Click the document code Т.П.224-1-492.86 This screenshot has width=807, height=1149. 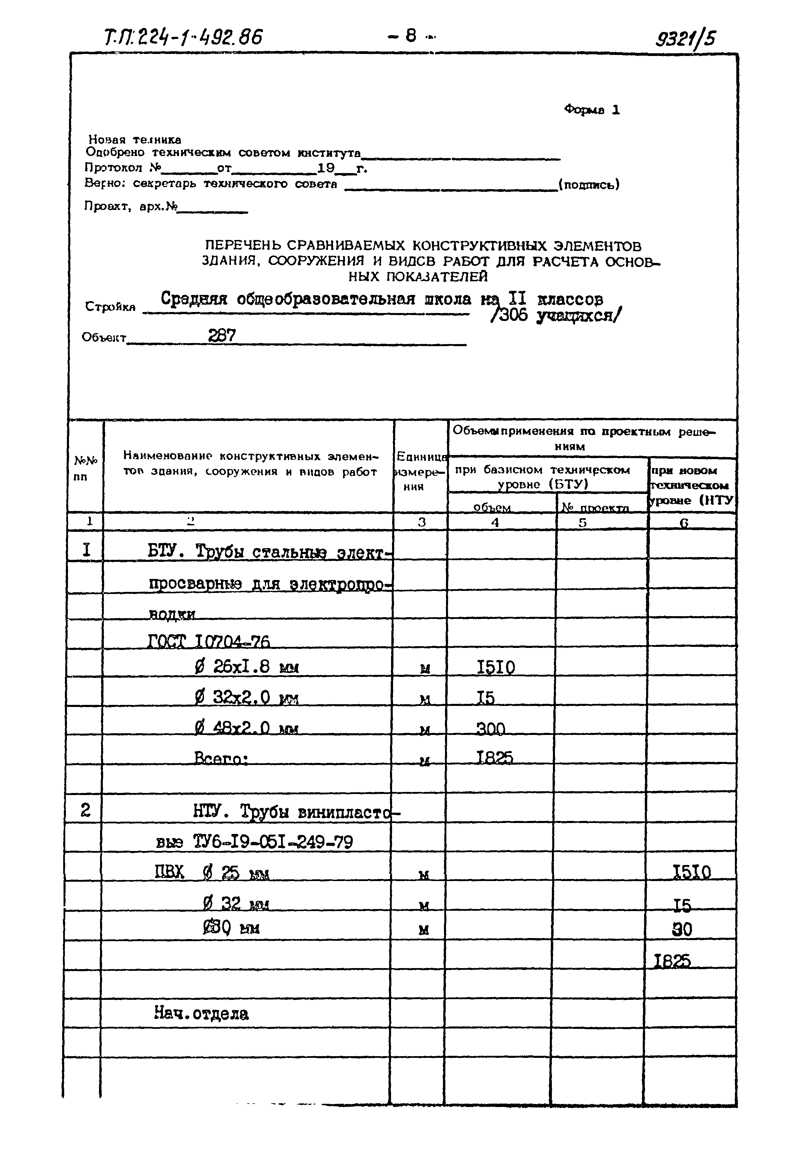tap(183, 37)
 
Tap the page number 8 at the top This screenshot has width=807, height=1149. tap(411, 36)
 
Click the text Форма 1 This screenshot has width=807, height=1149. tap(592, 110)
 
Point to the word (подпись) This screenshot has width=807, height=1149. tap(589, 185)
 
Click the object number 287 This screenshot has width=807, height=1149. tap(222, 335)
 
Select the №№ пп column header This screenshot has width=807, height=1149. tap(86, 468)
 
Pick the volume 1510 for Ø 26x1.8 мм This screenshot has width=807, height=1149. tap(496, 668)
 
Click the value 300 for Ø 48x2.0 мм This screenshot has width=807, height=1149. tap(491, 729)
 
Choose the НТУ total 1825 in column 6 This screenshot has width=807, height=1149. tap(672, 961)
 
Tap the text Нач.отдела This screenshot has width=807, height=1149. tap(201, 1014)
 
